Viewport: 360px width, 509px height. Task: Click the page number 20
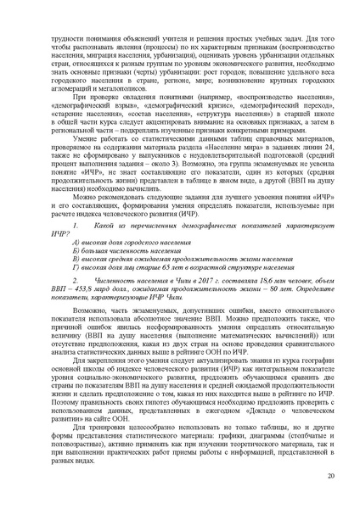[x=330, y=478]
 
